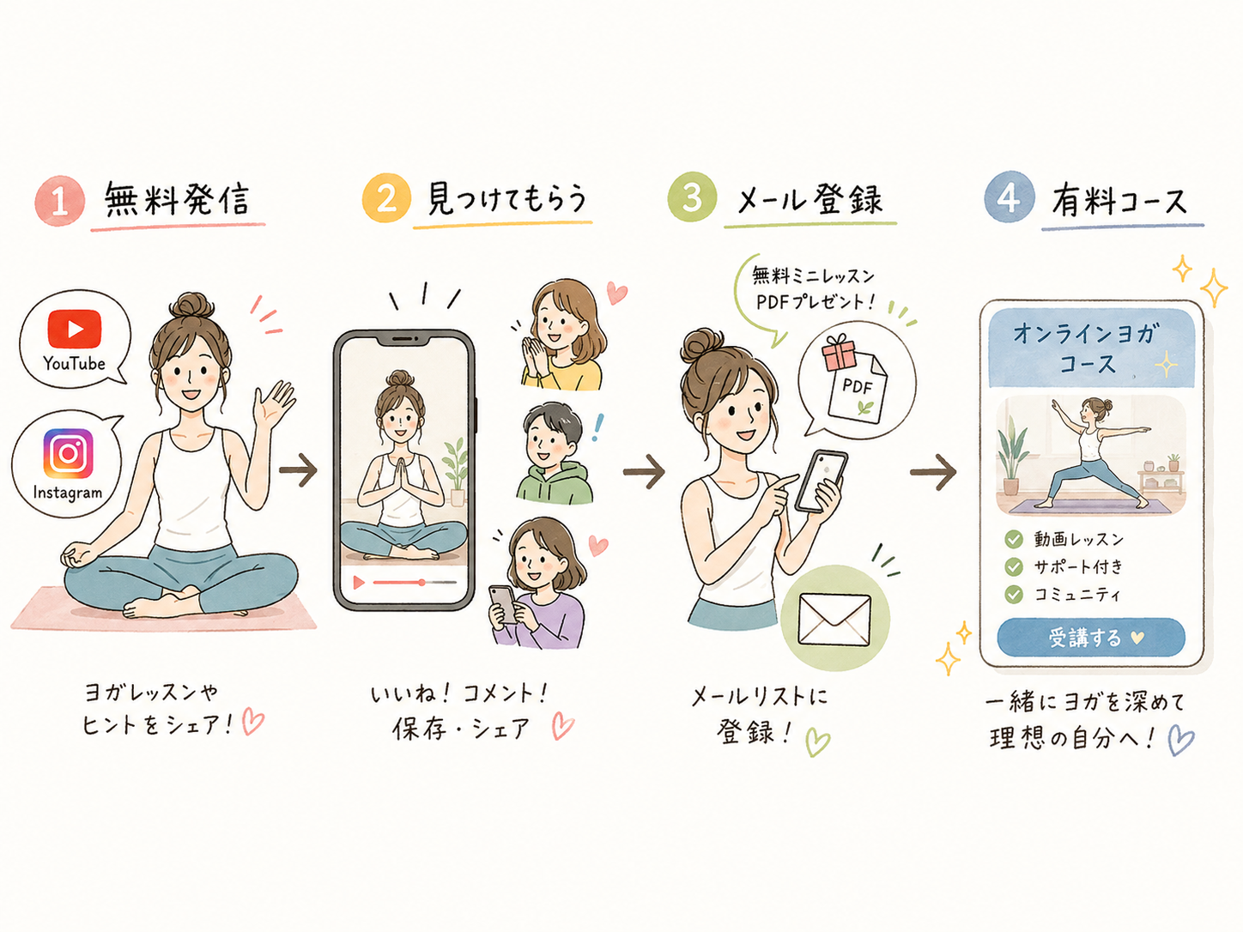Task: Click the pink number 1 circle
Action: pos(59,201)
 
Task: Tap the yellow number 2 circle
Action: pos(386,198)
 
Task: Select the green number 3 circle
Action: pos(692,197)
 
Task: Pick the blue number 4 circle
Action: pos(1010,197)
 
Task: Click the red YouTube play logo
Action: pos(75,329)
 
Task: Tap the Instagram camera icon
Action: pos(69,453)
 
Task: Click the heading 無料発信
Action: pos(177,200)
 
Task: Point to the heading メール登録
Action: pos(809,200)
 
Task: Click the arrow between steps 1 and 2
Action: pos(298,469)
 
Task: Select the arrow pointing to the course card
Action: pos(933,472)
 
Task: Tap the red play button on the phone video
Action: pos(359,583)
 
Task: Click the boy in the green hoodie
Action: pos(555,453)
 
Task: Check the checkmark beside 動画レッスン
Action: pos(1014,539)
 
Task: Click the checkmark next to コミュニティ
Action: pos(1014,595)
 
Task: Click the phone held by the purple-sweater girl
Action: pos(503,604)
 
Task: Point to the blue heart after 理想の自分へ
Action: pos(1181,740)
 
